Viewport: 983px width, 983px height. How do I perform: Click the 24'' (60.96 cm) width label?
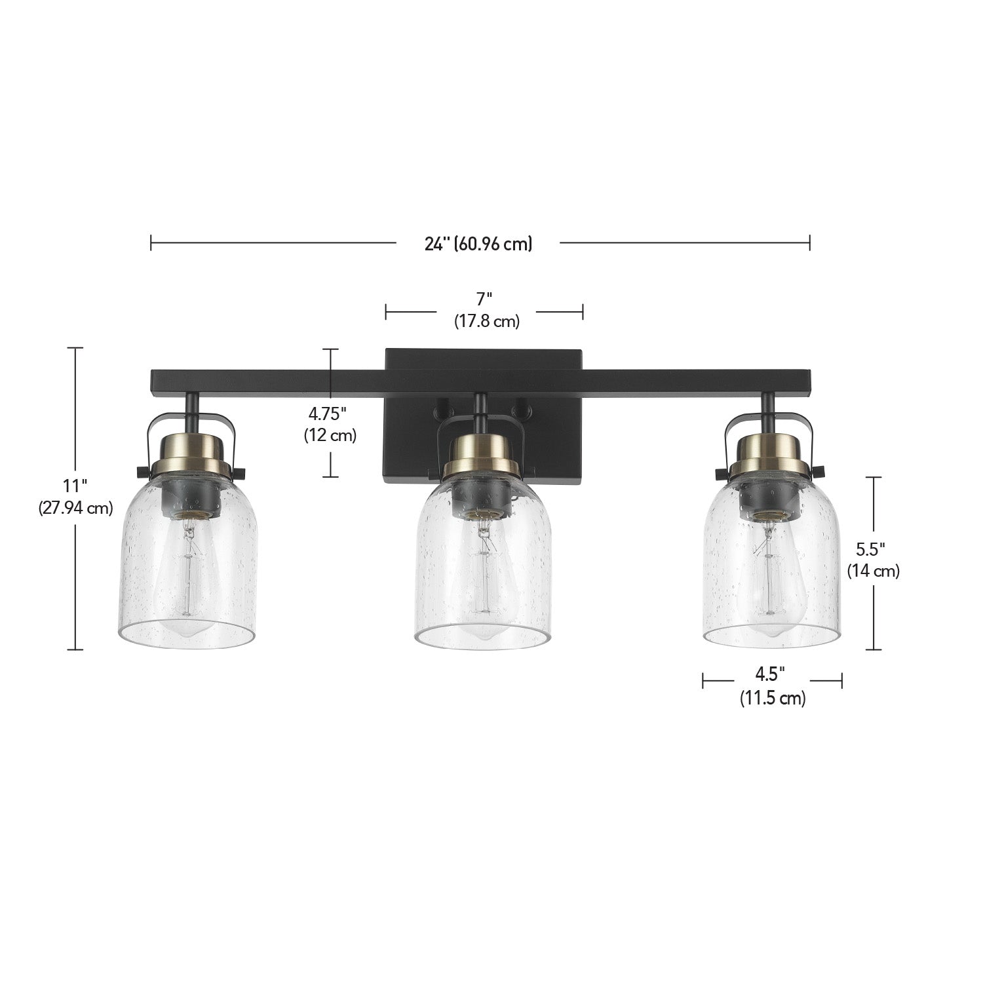pyautogui.click(x=478, y=244)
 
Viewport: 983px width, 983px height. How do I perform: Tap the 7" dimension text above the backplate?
pyautogui.click(x=484, y=299)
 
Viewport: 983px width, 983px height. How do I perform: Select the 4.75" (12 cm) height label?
pyautogui.click(x=330, y=425)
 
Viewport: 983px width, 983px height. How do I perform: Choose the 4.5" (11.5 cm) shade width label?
pyautogui.click(x=773, y=687)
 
